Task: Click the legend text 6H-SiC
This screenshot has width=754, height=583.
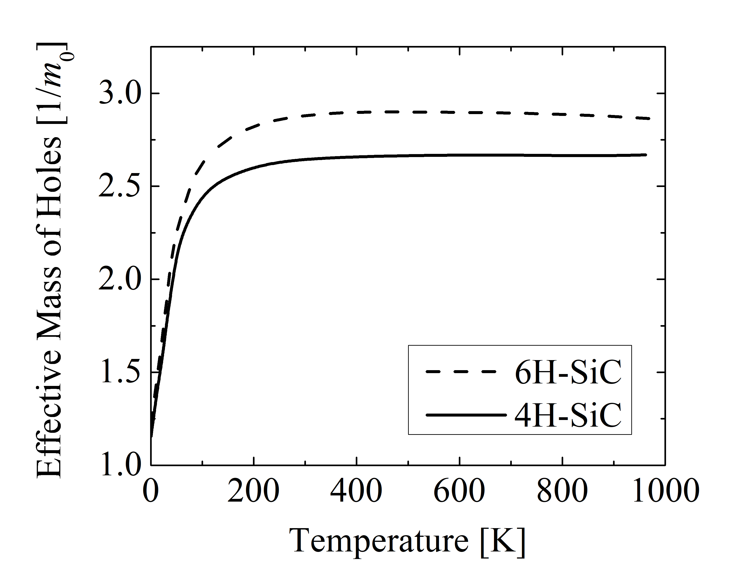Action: (x=568, y=372)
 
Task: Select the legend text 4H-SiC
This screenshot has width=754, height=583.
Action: (x=568, y=415)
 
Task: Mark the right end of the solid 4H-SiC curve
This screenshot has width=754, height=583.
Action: (x=646, y=155)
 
